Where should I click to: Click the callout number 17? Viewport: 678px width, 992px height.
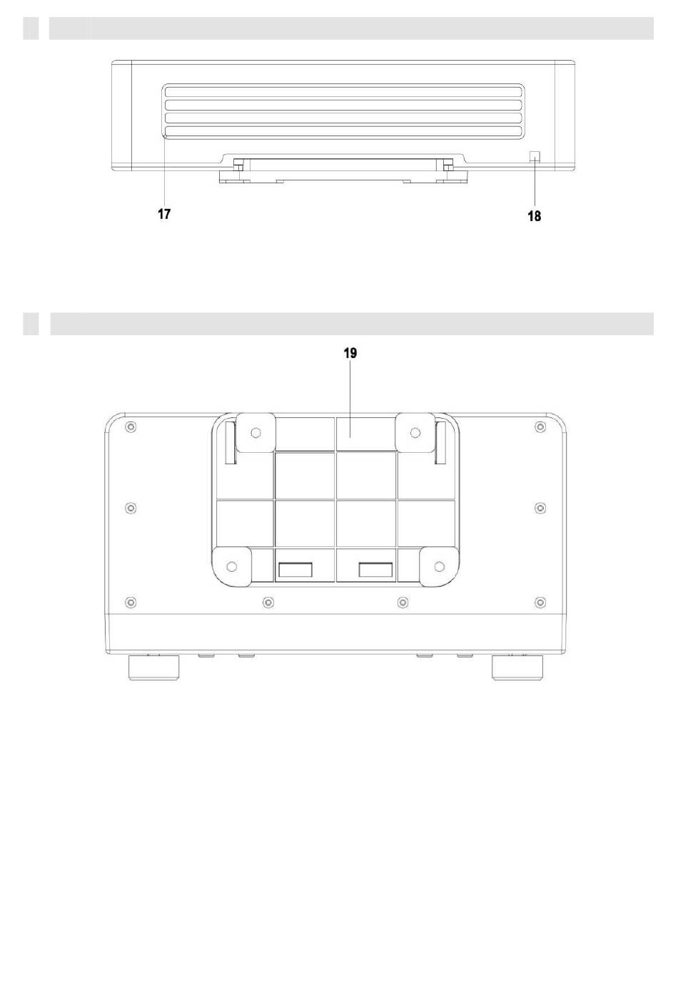tap(164, 214)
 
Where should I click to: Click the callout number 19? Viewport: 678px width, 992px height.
tap(350, 353)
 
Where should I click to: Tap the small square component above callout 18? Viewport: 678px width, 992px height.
tap(535, 156)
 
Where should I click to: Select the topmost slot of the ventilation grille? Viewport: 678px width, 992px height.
tap(343, 92)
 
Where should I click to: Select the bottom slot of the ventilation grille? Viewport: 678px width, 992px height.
tap(343, 131)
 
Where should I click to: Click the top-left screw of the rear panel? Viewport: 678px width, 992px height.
tap(131, 427)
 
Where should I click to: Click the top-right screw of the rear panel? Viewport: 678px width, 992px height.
tap(540, 427)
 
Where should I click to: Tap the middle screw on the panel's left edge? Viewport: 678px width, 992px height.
tap(131, 508)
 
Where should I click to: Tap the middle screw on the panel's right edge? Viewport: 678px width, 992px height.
tap(540, 508)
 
